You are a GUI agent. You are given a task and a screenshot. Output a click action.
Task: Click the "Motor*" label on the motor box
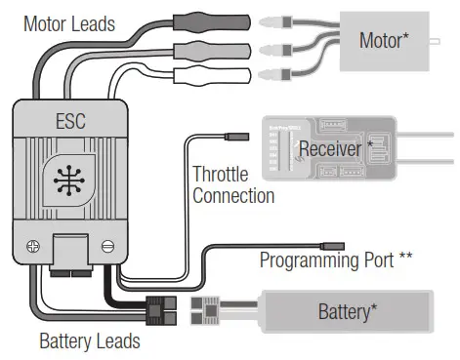tap(384, 40)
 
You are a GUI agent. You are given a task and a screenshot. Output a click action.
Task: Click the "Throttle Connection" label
tap(233, 184)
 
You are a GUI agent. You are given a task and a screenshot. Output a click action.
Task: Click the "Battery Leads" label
tap(90, 341)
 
